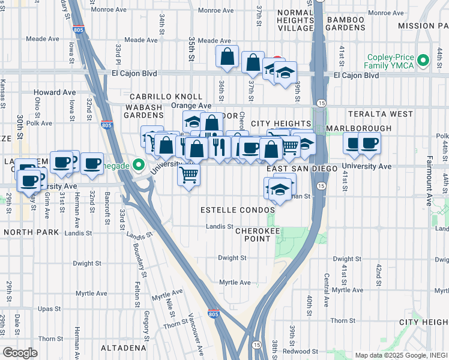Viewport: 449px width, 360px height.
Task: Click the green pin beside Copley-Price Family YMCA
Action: [x=424, y=61]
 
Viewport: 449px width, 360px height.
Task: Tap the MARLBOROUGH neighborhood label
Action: [x=358, y=128]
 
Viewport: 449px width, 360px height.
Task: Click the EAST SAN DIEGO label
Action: [x=303, y=169]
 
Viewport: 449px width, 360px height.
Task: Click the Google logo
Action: [x=20, y=353]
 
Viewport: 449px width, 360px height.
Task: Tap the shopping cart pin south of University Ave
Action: [x=189, y=175]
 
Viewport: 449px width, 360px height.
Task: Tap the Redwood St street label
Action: [x=298, y=350]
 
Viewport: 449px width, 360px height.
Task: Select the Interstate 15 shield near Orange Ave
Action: [x=321, y=104]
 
